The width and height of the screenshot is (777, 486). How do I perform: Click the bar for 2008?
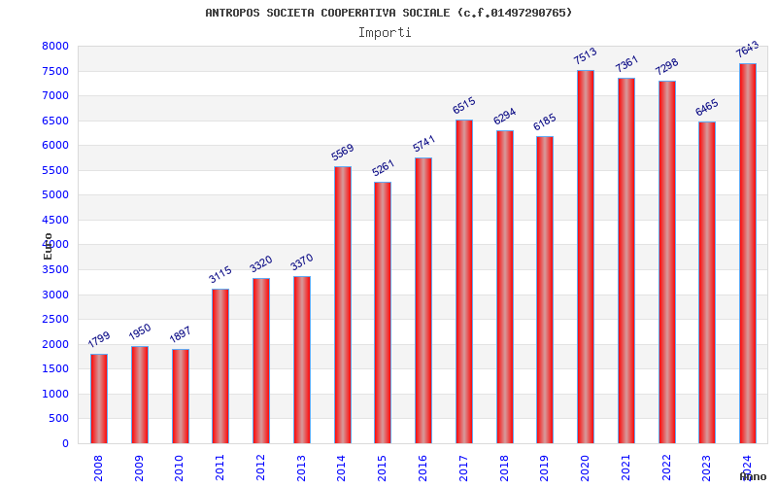pyautogui.click(x=99, y=399)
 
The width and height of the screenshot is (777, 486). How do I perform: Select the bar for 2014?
pyautogui.click(x=343, y=305)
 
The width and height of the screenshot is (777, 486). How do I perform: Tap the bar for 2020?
pyautogui.click(x=586, y=257)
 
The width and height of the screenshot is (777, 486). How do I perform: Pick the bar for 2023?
pyautogui.click(x=707, y=282)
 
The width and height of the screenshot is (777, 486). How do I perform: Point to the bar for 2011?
pyautogui.click(x=220, y=365)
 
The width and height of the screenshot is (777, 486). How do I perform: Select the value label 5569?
pyautogui.click(x=342, y=153)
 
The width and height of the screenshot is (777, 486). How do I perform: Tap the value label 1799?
pyautogui.click(x=99, y=340)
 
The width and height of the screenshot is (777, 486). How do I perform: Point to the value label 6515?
pyautogui.click(x=463, y=105)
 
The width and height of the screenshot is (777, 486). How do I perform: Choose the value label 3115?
pyautogui.click(x=220, y=274)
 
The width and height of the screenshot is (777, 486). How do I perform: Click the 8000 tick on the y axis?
pyautogui.click(x=55, y=47)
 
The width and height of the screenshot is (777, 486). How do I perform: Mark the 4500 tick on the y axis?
pyautogui.click(x=55, y=220)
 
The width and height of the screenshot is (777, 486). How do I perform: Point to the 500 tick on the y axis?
pyautogui.click(x=59, y=419)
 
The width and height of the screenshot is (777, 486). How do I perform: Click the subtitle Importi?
pyautogui.click(x=385, y=32)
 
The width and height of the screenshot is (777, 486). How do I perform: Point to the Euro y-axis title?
pyautogui.click(x=48, y=245)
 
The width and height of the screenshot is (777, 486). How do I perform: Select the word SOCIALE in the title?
pyautogui.click(x=426, y=13)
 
